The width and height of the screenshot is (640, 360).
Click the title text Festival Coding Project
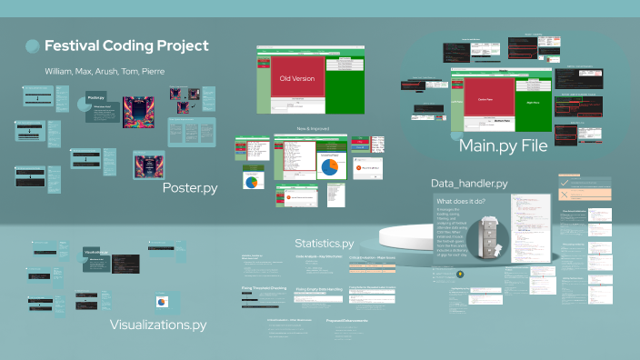click(x=126, y=45)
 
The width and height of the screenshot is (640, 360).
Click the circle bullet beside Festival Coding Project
click(x=33, y=46)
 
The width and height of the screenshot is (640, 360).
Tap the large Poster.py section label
click(x=190, y=188)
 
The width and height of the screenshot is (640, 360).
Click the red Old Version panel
click(x=291, y=78)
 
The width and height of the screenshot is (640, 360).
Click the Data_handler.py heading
click(x=482, y=184)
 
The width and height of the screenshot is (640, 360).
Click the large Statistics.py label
click(x=325, y=244)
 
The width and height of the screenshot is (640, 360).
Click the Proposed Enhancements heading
click(x=346, y=321)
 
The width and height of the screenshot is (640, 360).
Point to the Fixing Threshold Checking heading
click(x=265, y=287)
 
